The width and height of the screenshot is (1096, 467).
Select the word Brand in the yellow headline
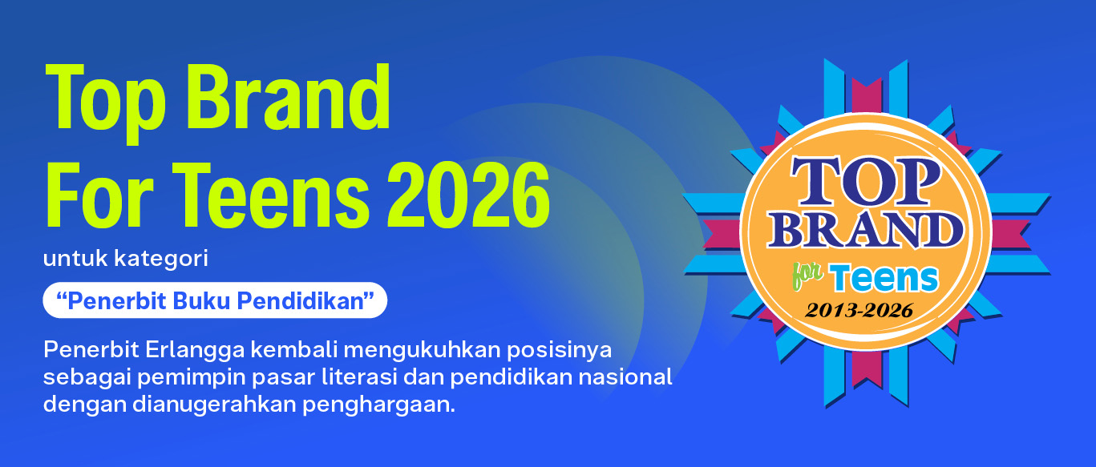[288, 97]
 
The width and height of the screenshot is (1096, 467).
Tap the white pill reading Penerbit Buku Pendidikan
[215, 300]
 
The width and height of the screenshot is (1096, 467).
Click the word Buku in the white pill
[201, 300]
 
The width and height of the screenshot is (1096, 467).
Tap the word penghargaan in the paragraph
[378, 405]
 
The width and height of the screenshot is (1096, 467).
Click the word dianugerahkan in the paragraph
[214, 405]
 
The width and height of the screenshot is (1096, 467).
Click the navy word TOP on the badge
[865, 181]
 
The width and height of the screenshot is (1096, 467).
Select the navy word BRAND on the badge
[865, 230]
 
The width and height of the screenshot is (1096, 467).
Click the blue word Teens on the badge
[884, 278]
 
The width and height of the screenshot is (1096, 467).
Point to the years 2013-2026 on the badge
[859, 310]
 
